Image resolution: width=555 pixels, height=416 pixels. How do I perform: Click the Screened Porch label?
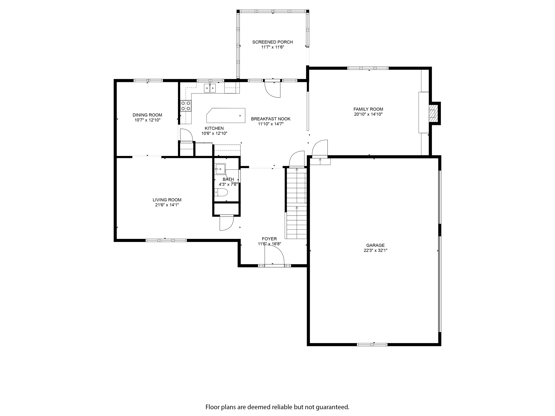click(272, 42)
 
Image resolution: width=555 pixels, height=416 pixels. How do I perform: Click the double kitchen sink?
click(210, 88)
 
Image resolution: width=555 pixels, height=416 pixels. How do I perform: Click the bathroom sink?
click(220, 169)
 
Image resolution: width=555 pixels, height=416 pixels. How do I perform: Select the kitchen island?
click(226, 115)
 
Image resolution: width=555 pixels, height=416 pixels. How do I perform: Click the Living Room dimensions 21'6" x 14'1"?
click(167, 205)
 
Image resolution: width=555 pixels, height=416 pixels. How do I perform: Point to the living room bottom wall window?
click(166, 240)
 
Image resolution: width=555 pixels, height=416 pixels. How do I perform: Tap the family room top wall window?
click(368, 68)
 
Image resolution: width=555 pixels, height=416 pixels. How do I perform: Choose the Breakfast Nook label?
click(271, 119)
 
